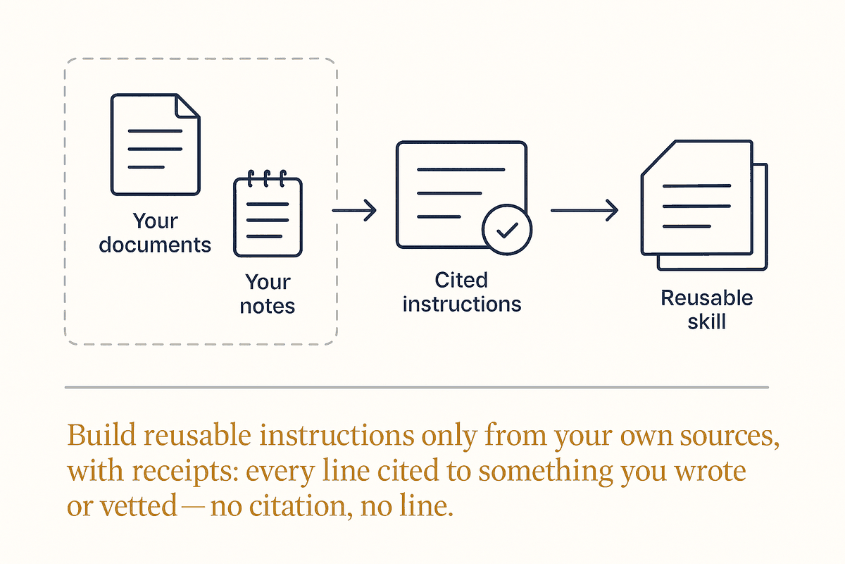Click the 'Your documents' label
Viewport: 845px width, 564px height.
(155, 233)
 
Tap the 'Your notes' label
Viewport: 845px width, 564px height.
(268, 293)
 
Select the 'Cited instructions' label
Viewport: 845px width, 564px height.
(462, 292)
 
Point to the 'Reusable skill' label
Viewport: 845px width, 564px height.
(706, 309)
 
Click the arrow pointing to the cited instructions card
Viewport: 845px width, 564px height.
(354, 210)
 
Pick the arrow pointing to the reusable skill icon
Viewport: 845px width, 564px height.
(584, 210)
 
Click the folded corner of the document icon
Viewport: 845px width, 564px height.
(187, 106)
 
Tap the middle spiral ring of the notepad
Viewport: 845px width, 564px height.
(267, 178)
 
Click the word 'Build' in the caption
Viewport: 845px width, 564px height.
(101, 435)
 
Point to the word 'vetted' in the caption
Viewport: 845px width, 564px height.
(139, 505)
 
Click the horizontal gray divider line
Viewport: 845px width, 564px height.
(416, 387)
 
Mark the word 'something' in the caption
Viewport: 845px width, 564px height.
(546, 472)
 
